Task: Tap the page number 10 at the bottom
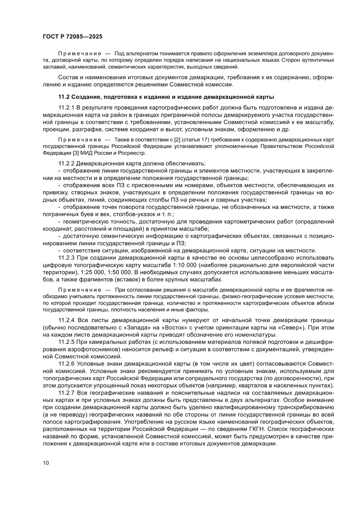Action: (x=46, y=463)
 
